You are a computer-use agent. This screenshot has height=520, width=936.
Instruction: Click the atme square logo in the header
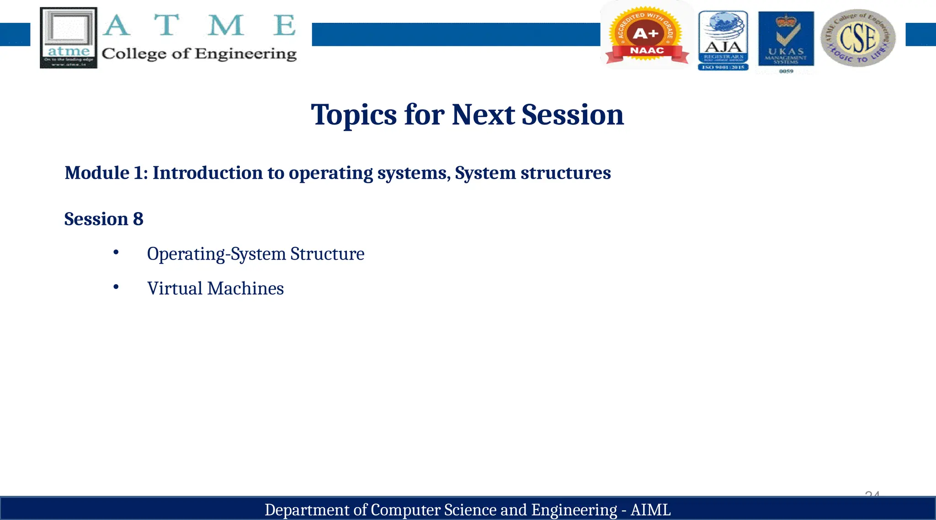click(69, 37)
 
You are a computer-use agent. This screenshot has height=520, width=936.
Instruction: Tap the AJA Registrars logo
click(723, 40)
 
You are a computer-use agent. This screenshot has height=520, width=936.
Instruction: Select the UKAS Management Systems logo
click(786, 40)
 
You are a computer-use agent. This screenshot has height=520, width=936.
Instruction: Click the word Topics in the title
click(354, 115)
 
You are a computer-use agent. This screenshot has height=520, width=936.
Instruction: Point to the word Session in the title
click(572, 115)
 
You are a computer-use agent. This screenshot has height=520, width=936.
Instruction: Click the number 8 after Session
click(138, 219)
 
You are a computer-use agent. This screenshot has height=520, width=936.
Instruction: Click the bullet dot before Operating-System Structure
click(116, 252)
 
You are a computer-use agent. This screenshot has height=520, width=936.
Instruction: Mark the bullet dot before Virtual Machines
click(116, 287)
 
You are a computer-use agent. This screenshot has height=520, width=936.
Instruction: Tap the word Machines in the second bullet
click(245, 289)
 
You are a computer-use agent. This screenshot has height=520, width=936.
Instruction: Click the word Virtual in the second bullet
click(175, 289)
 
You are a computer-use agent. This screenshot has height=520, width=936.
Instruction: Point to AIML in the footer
click(650, 510)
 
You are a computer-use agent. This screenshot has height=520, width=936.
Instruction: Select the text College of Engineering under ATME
click(199, 54)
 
